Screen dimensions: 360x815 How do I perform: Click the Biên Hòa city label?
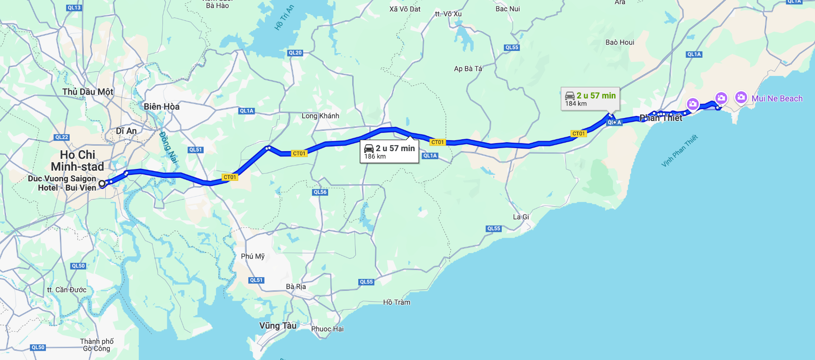coord(161,107)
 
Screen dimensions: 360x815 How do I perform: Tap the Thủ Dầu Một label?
coord(87,92)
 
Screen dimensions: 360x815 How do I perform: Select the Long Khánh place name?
coord(320,116)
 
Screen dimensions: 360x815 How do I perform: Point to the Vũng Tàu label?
coord(278,326)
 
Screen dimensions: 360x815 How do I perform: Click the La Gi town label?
coord(521,217)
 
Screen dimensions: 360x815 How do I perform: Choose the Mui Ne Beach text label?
coord(777,98)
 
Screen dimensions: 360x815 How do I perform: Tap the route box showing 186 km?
coord(389,152)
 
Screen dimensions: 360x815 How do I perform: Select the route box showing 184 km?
coord(590,99)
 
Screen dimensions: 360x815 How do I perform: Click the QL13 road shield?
coord(74,8)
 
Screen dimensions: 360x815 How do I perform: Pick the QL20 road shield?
coord(295,53)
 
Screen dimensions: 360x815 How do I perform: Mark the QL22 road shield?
coord(62,137)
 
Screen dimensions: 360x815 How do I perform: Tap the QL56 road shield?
coord(320,192)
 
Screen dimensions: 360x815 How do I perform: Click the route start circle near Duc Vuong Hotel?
coord(102,184)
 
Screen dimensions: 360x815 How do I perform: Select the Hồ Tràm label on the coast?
coord(396,302)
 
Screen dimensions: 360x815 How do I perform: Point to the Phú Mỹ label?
coord(253,256)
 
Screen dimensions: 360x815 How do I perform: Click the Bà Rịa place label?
coord(296,287)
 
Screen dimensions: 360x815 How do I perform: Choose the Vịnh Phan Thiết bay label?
coord(679,151)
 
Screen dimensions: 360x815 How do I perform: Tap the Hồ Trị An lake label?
coord(284,18)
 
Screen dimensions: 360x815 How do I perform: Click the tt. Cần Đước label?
coord(67,290)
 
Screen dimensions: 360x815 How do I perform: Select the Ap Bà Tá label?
coord(468,69)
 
